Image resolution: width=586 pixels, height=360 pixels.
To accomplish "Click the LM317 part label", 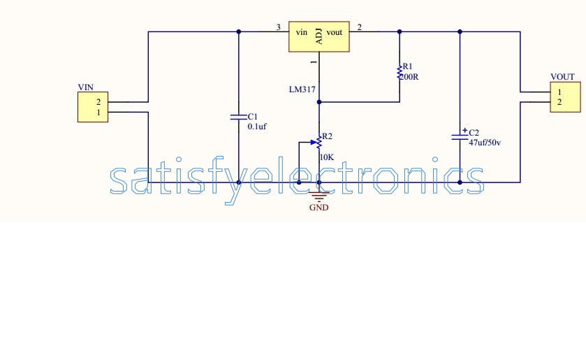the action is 302,89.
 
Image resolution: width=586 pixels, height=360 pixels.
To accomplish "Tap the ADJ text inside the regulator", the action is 318,36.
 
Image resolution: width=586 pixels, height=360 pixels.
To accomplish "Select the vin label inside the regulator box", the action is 302,33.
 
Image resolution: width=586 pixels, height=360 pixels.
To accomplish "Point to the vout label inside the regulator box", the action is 334,33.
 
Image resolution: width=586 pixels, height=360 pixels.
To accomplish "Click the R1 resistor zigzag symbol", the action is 400,71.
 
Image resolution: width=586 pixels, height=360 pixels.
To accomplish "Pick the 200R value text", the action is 409,77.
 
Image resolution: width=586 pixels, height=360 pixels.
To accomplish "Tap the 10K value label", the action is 327,157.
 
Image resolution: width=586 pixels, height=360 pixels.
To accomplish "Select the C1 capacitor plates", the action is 239,117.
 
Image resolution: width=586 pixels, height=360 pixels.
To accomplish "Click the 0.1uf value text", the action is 257,127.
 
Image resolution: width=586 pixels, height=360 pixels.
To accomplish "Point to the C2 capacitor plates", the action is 460,137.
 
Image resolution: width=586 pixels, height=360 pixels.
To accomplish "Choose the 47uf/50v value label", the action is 485,143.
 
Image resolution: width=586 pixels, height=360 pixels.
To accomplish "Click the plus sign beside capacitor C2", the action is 464,130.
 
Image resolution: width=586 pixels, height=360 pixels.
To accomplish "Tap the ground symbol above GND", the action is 318,196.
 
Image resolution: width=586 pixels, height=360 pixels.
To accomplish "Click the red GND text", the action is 318,208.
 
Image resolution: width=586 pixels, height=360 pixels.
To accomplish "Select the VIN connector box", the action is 93,107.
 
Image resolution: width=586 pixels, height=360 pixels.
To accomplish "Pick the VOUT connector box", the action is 566,97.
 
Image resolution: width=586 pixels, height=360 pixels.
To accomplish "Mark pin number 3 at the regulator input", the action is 278,27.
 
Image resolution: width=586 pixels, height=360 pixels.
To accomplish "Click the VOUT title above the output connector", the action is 562,77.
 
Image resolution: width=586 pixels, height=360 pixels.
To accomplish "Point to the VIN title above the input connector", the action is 86,87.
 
